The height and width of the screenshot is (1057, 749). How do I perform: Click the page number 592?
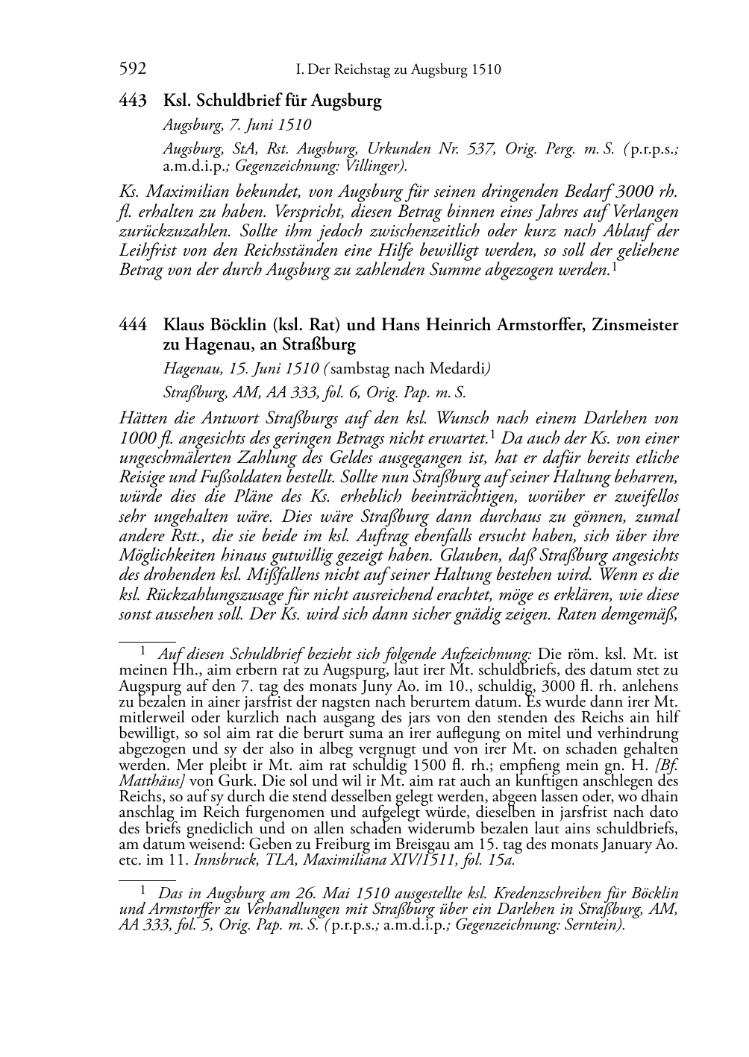tap(133, 70)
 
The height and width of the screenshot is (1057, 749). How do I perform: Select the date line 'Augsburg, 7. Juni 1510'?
tap(237, 124)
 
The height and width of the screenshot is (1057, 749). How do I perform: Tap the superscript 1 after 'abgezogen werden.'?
tap(613, 265)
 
